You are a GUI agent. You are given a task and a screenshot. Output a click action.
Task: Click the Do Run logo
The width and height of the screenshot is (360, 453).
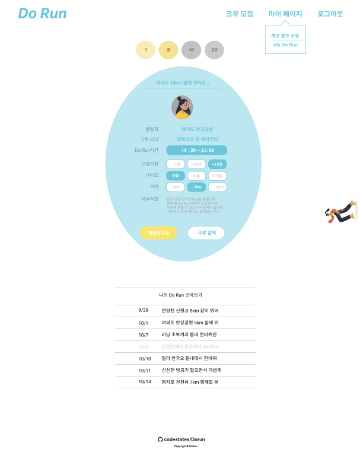point(42,14)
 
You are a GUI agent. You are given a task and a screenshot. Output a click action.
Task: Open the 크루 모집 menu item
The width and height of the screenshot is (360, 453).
point(239,14)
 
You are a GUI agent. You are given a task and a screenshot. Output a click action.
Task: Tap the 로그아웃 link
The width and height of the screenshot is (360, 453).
point(330,14)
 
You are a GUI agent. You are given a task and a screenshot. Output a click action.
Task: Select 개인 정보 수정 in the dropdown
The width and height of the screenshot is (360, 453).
point(285,36)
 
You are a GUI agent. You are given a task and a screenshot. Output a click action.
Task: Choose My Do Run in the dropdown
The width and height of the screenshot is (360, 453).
point(285,45)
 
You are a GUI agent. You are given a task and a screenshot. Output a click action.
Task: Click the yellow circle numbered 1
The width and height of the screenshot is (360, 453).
point(145,50)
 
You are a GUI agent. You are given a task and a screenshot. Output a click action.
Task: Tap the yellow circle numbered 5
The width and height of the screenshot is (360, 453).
point(168,50)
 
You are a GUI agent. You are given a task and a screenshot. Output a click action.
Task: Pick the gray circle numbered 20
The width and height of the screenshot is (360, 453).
point(214,50)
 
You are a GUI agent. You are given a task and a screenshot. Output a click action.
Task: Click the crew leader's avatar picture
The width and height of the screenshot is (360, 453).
point(182,107)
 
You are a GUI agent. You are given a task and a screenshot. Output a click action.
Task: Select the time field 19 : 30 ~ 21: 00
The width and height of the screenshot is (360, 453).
point(196,150)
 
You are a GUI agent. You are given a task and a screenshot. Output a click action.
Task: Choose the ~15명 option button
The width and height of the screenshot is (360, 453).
point(217,164)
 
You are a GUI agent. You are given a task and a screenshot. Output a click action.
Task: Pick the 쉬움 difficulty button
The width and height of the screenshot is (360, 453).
point(176,176)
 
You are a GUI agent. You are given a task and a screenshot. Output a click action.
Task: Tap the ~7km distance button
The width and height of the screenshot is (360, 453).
point(196,187)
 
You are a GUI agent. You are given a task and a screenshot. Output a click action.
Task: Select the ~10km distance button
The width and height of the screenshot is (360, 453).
point(217,187)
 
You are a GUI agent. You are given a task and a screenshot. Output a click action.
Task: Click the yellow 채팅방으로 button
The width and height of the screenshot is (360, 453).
point(158,232)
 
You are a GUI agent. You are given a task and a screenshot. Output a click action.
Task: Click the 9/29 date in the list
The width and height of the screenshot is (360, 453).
point(144,310)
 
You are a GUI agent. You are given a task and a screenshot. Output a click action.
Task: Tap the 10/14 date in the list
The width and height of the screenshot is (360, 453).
point(145,382)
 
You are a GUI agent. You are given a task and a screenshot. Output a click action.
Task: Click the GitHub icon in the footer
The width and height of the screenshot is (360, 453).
point(160,439)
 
